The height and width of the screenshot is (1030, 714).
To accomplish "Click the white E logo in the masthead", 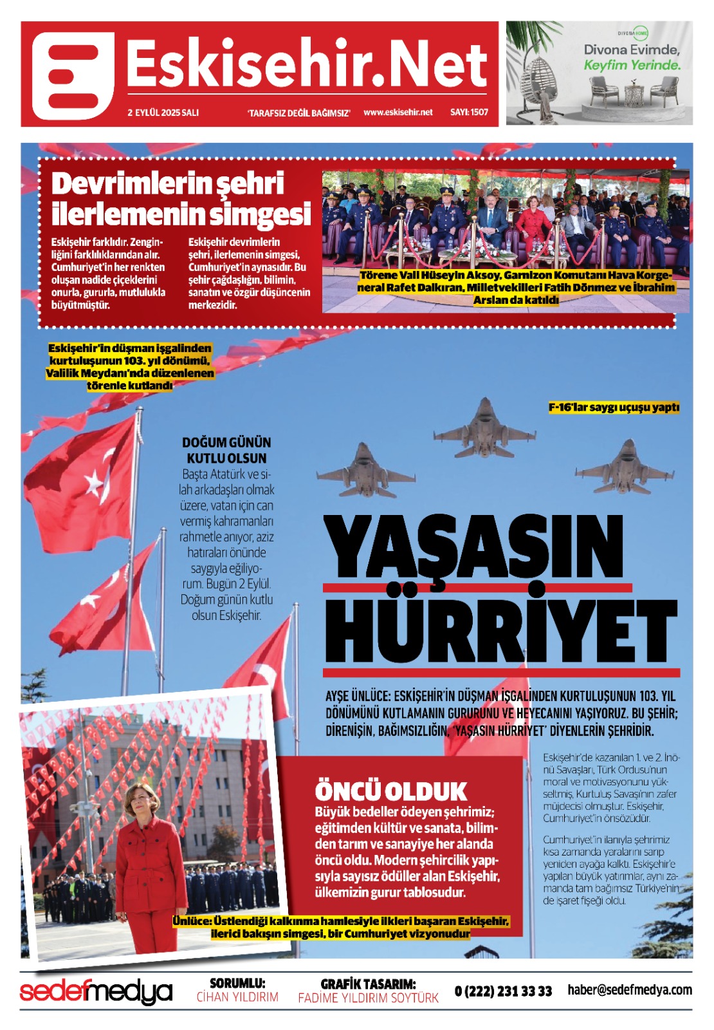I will click(x=73, y=75).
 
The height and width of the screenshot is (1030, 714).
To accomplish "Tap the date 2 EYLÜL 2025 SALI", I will click(x=163, y=113).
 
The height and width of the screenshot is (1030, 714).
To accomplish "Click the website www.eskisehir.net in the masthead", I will click(x=398, y=112).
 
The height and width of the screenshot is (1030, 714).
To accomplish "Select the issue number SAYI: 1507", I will click(x=469, y=112).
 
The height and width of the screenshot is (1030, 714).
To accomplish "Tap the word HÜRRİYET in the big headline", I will click(x=500, y=631).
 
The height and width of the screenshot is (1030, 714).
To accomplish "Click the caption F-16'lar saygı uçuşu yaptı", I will click(x=614, y=407).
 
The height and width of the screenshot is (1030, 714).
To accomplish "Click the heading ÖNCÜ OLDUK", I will click(x=390, y=791).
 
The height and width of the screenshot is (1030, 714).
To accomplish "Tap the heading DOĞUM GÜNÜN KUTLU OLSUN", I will click(x=226, y=451).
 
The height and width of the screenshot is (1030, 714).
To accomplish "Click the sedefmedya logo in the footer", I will click(x=96, y=991).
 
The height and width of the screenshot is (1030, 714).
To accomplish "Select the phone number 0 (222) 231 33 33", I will click(x=503, y=991).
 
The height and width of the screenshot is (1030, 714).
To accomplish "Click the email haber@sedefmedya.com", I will click(x=630, y=990).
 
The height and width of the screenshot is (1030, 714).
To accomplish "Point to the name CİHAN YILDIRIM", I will click(x=237, y=997).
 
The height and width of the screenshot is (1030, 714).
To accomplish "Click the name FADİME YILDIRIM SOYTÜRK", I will click(x=368, y=998).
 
